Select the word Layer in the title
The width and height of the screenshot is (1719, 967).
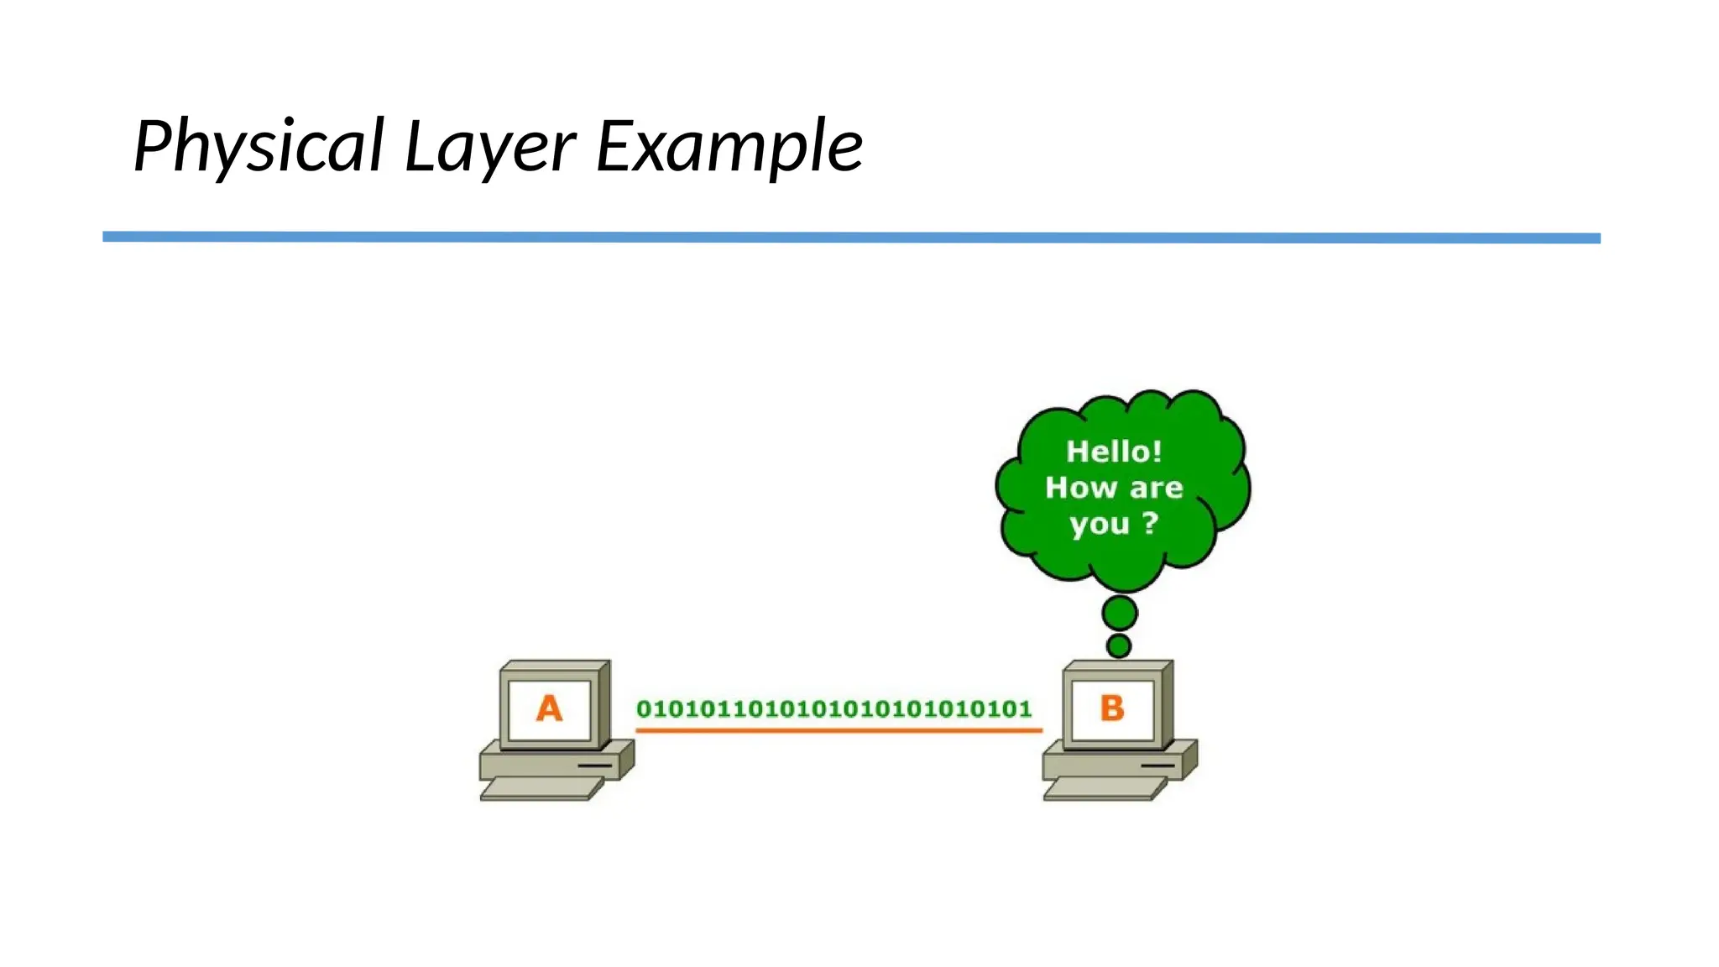coord(490,146)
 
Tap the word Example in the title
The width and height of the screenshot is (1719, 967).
coord(729,146)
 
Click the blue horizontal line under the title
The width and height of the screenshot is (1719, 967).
coord(851,238)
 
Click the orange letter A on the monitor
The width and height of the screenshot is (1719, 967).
coord(549,708)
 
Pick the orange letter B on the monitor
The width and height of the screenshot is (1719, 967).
coord(1112,708)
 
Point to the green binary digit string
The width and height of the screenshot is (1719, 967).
coord(833,709)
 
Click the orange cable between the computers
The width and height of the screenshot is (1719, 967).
coord(838,731)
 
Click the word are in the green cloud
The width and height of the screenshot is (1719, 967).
coord(1157,489)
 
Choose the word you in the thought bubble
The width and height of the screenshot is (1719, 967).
coord(1099,525)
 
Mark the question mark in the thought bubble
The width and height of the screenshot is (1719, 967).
coord(1151,523)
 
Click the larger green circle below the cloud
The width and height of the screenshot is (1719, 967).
coord(1120,614)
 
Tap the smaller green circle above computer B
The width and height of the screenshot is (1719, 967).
coord(1119,646)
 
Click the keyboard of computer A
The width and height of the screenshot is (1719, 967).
coord(541,788)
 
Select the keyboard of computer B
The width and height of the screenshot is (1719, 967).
coord(1105,788)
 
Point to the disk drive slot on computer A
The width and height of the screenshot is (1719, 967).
coord(594,766)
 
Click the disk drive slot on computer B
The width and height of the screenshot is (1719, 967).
coord(1157,766)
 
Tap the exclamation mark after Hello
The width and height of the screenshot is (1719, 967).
coord(1157,452)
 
